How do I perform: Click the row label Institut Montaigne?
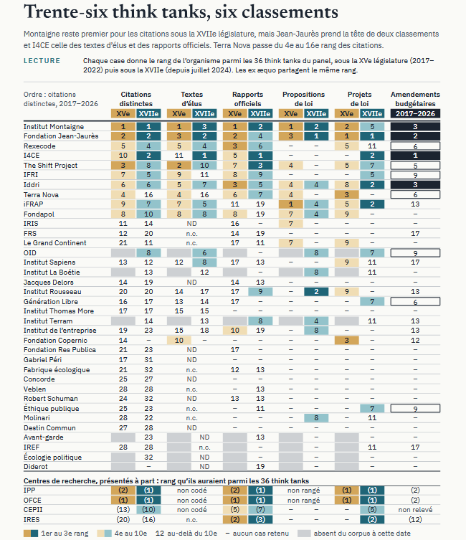(54, 127)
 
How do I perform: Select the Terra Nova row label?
(41, 194)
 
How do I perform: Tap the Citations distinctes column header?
(136, 99)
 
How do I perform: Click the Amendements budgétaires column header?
(415, 99)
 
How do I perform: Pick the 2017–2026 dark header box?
(415, 113)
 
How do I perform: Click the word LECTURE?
(42, 61)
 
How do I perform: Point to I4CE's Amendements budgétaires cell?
(415, 156)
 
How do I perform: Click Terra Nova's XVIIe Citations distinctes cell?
(148, 194)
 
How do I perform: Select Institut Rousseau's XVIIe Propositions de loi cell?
(316, 292)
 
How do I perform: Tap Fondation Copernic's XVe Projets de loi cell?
(346, 340)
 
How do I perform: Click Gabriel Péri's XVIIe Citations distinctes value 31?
(148, 359)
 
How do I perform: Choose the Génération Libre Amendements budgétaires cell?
(415, 302)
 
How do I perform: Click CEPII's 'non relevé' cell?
(415, 510)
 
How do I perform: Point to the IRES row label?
(32, 519)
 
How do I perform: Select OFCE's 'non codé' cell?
(191, 500)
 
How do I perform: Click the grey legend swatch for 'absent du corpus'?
(304, 534)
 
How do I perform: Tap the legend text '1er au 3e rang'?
(65, 534)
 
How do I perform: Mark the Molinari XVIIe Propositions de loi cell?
(316, 418)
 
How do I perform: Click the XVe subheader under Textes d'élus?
(179, 113)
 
